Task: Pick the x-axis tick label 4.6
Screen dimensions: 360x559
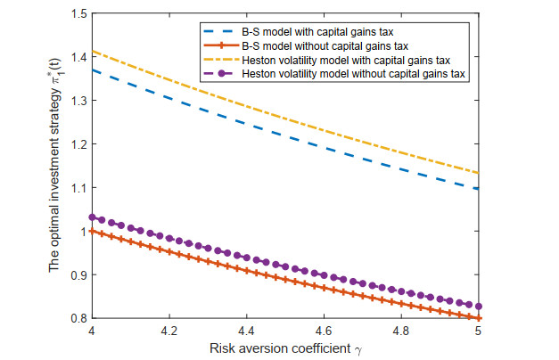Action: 322,331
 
